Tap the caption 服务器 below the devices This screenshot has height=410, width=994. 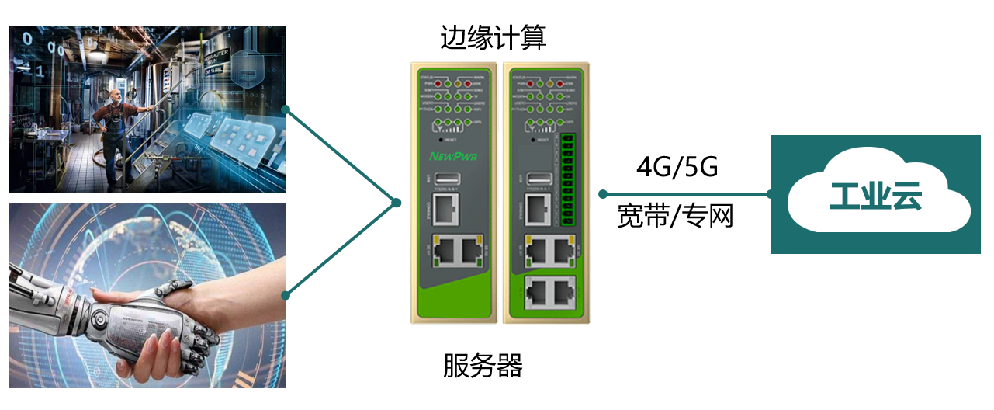pyautogui.click(x=483, y=365)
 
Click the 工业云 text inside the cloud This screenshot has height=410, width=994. pyautogui.click(x=876, y=197)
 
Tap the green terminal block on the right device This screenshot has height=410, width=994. pyautogui.click(x=564, y=179)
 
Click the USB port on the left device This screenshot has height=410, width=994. pyautogui.click(x=449, y=178)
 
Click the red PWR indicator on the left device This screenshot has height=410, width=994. pyautogui.click(x=438, y=82)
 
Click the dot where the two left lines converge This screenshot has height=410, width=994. pyautogui.click(x=397, y=203)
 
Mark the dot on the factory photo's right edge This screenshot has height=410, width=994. pyautogui.click(x=286, y=109)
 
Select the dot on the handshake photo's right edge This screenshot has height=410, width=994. pyautogui.click(x=286, y=295)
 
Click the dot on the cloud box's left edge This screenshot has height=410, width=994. pyautogui.click(x=771, y=194)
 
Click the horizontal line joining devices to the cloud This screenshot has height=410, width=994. pyautogui.click(x=687, y=194)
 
